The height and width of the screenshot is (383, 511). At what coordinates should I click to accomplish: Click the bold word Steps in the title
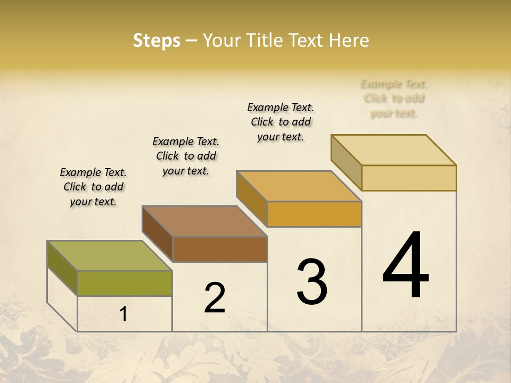156,40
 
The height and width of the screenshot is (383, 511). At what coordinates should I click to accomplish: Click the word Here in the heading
349,40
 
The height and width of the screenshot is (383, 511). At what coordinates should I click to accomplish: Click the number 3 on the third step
312,282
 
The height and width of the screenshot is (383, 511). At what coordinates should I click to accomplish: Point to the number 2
215,298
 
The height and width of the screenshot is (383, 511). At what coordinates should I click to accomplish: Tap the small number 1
123,314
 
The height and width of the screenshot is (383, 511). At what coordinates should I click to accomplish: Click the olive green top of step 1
109,256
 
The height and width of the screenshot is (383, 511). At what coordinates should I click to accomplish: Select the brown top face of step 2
204,221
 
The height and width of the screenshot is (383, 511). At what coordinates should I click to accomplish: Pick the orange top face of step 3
299,186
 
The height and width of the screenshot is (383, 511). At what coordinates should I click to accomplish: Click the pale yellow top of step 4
393,150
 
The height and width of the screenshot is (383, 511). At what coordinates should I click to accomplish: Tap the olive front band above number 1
125,283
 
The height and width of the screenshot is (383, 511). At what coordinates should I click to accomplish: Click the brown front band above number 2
219,249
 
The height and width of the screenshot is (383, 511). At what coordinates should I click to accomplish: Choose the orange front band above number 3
314,214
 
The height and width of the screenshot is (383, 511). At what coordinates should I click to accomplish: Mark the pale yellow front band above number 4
409,178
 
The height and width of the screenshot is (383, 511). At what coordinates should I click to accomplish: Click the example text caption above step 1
93,187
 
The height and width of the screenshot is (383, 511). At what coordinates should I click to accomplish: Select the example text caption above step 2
186,156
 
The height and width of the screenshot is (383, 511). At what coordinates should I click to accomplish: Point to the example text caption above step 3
281,122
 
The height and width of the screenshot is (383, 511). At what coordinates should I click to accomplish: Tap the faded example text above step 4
394,98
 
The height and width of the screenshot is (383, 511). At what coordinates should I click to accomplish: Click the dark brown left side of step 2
158,234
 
